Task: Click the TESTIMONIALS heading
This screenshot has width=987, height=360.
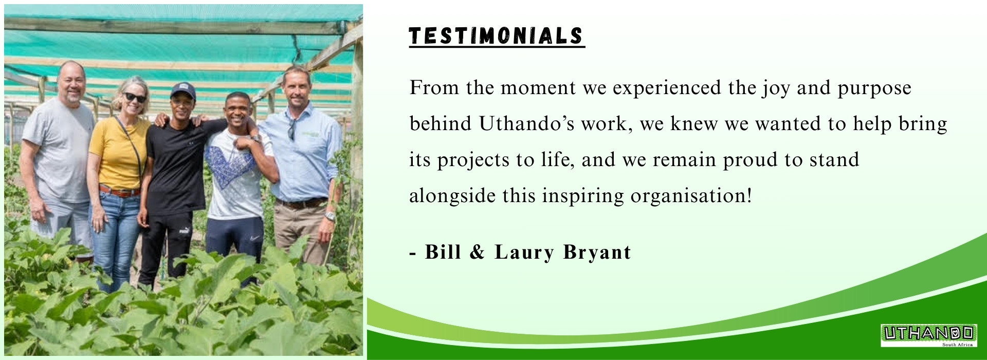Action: [497, 36]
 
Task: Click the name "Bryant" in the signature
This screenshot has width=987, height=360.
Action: [597, 253]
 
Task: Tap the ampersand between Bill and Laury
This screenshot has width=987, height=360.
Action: [478, 252]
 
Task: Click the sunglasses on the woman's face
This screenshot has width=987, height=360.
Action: [134, 97]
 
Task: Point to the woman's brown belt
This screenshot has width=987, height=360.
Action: [120, 191]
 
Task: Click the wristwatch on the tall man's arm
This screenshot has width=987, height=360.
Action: [330, 216]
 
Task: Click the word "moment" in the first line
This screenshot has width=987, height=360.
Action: [538, 88]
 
